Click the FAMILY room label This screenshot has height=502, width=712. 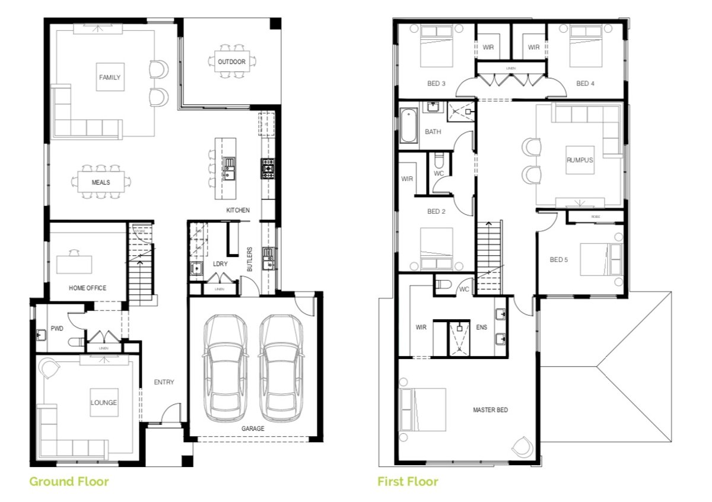pyautogui.click(x=110, y=77)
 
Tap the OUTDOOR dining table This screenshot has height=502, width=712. pyautogui.click(x=231, y=62)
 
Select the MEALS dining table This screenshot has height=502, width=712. pyautogui.click(x=101, y=182)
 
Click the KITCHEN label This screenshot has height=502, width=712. pyautogui.click(x=238, y=211)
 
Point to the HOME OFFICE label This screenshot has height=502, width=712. pyautogui.click(x=87, y=288)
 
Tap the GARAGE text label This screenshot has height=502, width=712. pyautogui.click(x=253, y=428)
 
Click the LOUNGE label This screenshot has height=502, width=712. pyautogui.click(x=104, y=403)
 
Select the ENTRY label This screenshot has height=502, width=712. pyautogui.click(x=164, y=382)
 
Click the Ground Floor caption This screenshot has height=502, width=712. pyautogui.click(x=69, y=481)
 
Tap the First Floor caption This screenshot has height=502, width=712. pyautogui.click(x=408, y=481)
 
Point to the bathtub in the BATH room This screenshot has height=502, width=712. pyautogui.click(x=408, y=126)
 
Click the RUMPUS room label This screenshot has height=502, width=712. pyautogui.click(x=580, y=160)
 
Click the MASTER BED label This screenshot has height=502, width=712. pyautogui.click(x=490, y=410)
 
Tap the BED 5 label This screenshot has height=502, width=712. pyautogui.click(x=559, y=259)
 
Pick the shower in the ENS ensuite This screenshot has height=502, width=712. pyautogui.click(x=460, y=338)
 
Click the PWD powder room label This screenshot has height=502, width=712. pyautogui.click(x=57, y=328)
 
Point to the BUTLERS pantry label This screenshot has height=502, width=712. pyautogui.click(x=250, y=260)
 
